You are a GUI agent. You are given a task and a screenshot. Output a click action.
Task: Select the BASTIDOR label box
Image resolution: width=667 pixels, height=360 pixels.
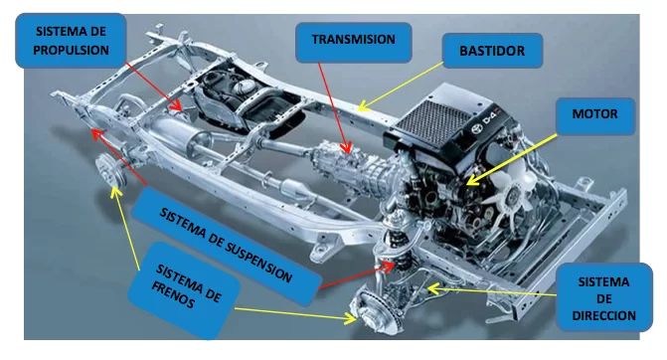(492, 51)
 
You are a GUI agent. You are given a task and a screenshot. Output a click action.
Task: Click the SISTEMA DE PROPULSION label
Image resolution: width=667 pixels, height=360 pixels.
(71, 41)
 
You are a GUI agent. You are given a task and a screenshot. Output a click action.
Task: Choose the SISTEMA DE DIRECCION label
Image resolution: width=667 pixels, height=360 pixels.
(603, 297)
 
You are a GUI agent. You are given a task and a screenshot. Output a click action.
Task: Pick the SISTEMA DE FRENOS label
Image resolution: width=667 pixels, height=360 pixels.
(184, 290)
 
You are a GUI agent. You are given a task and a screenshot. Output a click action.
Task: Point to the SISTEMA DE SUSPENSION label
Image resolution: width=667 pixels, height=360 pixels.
(227, 247)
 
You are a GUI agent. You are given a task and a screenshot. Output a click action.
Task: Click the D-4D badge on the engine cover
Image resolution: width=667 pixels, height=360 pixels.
(484, 123)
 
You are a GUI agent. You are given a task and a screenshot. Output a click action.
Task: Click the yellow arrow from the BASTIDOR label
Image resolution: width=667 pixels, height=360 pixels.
(401, 87)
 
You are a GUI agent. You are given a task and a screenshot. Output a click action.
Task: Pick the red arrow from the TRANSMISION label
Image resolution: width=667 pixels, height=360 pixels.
(335, 108)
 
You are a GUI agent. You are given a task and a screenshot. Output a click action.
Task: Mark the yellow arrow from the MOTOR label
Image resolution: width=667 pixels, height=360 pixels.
(512, 160)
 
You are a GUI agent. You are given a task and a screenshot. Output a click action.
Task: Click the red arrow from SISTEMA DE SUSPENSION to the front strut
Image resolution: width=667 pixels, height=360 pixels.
(357, 276)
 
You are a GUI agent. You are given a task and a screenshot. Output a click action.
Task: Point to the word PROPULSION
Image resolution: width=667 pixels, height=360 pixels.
(71, 50)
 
